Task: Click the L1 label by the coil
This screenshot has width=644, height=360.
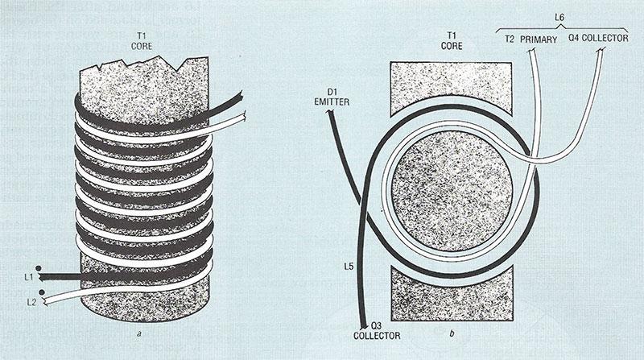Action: pyautogui.click(x=27, y=278)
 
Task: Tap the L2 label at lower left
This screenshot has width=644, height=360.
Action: pyautogui.click(x=31, y=302)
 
